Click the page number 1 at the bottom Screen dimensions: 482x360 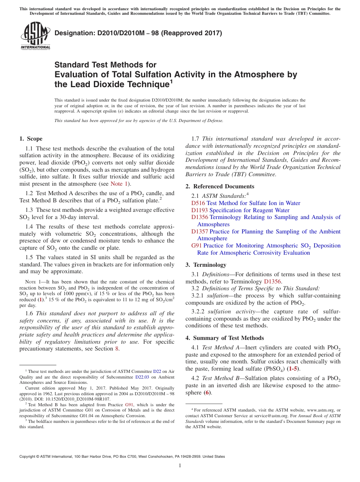click(x=180, y=465)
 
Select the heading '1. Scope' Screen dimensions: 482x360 click(x=31, y=139)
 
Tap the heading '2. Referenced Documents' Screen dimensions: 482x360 click(x=220, y=186)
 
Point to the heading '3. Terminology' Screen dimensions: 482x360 click(x=206, y=265)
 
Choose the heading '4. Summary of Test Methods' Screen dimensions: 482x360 click(x=225, y=338)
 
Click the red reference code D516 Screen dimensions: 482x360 click(x=198, y=203)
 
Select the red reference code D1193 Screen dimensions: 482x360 click(x=199, y=210)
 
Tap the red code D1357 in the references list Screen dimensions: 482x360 click(x=199, y=232)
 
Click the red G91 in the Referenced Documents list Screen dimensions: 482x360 click(x=197, y=246)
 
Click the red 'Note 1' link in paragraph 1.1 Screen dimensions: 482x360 click(x=119, y=184)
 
